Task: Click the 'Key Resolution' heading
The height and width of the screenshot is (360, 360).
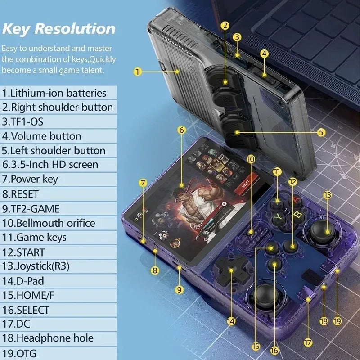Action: click(x=58, y=28)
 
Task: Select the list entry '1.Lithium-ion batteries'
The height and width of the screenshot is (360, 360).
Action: click(x=54, y=93)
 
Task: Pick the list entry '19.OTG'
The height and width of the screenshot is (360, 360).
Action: click(x=20, y=353)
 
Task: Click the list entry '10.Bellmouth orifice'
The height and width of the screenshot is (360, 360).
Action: click(x=49, y=223)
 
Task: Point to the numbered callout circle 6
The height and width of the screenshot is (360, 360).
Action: click(x=182, y=130)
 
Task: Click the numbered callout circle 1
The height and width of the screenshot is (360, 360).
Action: click(x=138, y=71)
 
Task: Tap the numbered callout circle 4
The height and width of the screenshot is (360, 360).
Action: click(x=264, y=53)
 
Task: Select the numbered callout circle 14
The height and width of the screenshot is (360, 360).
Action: click(x=231, y=321)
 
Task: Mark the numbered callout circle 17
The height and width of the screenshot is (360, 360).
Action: click(x=308, y=342)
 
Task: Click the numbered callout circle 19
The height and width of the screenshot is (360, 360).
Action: click(x=338, y=321)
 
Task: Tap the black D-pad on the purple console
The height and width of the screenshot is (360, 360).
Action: click(x=231, y=270)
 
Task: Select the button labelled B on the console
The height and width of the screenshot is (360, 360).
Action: click(x=297, y=215)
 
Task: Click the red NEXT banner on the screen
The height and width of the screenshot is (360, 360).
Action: click(x=246, y=184)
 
